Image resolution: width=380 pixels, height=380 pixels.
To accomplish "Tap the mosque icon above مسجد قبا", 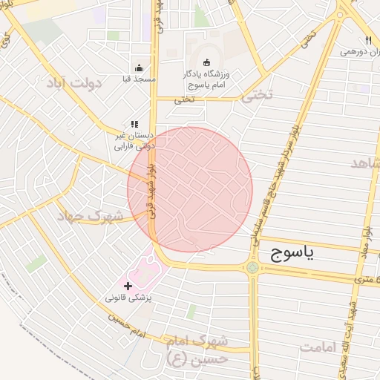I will pyautogui.click(x=139, y=68).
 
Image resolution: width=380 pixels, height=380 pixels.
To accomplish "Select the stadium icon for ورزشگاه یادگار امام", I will pyautogui.click(x=206, y=63).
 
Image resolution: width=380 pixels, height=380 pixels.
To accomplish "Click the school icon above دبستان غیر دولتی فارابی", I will pyautogui.click(x=134, y=125).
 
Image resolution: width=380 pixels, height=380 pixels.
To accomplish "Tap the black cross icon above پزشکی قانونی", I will pyautogui.click(x=128, y=286).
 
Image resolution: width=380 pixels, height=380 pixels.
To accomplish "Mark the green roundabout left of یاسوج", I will pyautogui.click(x=252, y=267).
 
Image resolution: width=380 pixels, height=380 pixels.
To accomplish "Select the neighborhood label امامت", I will pyautogui.click(x=323, y=347).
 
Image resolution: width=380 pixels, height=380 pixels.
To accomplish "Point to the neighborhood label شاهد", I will pyautogui.click(x=365, y=163).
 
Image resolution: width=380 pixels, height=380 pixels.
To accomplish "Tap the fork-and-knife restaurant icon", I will pyautogui.click(x=367, y=40).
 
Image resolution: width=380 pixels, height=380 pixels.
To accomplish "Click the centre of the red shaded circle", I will pyautogui.click(x=190, y=189).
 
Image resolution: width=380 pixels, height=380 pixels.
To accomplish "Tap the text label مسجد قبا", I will pyautogui.click(x=139, y=79).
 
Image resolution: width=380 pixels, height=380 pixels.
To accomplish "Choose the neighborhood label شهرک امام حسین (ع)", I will pyautogui.click(x=197, y=350).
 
